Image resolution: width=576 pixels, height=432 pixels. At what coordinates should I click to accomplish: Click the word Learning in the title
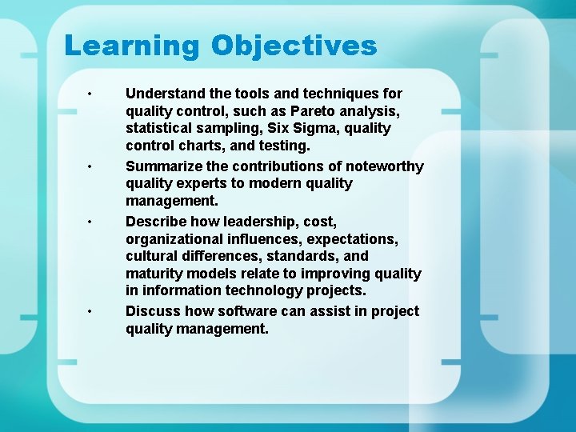[x=131, y=46]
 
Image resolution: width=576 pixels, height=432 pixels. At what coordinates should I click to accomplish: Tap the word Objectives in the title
[x=294, y=46]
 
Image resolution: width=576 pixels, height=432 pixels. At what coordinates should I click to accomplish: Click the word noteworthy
[x=382, y=166]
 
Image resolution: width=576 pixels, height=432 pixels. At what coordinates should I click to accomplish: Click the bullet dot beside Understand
[x=91, y=94]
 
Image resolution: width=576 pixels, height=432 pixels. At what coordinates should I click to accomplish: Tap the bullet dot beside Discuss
[x=91, y=311]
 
